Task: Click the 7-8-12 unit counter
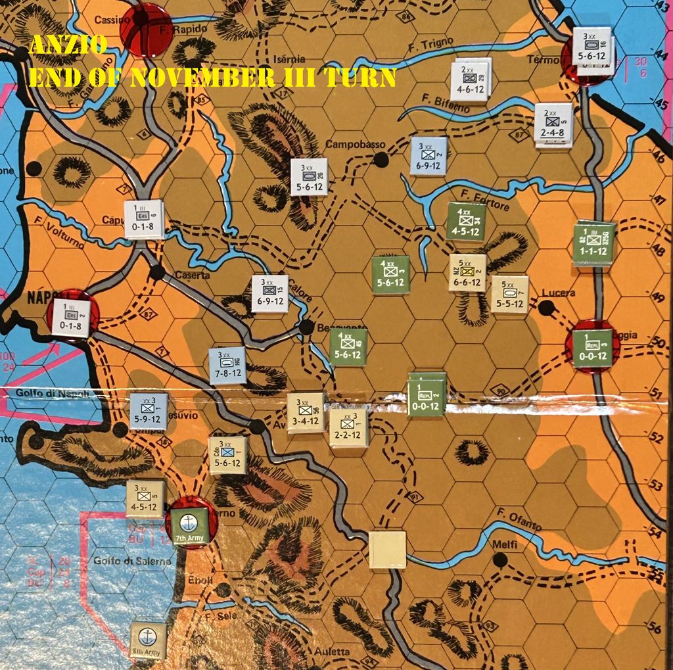click(x=227, y=366)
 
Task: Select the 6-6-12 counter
click(x=468, y=273)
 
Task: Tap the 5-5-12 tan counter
click(x=509, y=294)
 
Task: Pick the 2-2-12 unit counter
click(x=348, y=427)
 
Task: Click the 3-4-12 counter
click(x=306, y=412)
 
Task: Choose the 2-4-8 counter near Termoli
click(x=553, y=124)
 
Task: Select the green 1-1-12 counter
click(x=593, y=243)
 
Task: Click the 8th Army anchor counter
click(x=148, y=640)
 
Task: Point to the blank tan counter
click(x=387, y=550)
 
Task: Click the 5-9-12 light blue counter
click(x=148, y=411)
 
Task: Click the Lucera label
click(x=559, y=293)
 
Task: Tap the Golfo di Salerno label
click(x=132, y=561)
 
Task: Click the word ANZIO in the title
click(x=68, y=45)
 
